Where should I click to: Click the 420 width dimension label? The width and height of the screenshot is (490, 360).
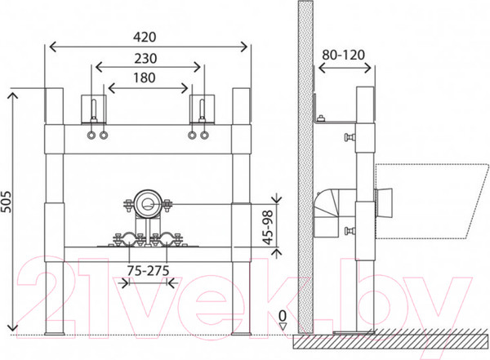tap(145, 38)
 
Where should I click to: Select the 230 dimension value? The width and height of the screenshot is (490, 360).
tap(145, 59)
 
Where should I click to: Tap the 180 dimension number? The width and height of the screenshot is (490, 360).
tap(145, 78)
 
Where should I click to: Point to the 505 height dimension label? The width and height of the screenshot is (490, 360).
tap(6, 202)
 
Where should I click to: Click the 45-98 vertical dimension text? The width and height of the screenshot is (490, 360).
tap(268, 228)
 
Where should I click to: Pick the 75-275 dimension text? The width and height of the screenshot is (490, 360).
tap(148, 271)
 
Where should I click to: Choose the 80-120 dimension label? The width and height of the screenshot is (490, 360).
tap(344, 56)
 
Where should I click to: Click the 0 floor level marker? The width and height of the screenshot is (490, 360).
tap(283, 317)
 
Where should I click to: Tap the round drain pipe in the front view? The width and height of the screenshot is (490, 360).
tap(147, 203)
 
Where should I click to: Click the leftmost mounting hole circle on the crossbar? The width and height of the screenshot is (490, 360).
tap(91, 136)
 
